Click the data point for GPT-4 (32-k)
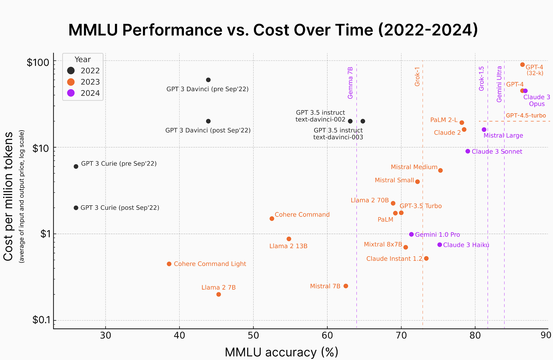pos(522,65)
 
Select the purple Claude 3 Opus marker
pos(525,91)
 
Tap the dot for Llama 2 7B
pos(219,294)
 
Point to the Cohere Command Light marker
pos(169,264)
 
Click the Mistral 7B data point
pos(346,286)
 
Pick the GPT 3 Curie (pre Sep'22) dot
pos(76,167)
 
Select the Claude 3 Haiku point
pos(440,245)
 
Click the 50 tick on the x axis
pos(253,336)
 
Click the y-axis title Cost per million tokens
pos(8,196)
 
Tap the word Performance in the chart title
pos(172,30)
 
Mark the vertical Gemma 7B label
pos(350,83)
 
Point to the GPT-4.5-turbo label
pos(526,116)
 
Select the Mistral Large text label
pos(503,136)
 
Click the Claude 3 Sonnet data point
pos(468,151)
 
